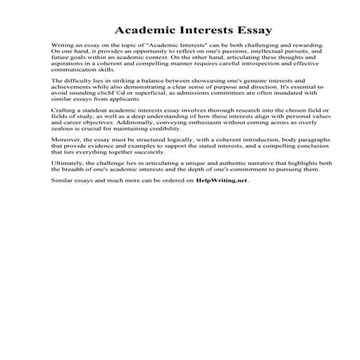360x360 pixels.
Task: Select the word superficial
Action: [142, 96]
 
